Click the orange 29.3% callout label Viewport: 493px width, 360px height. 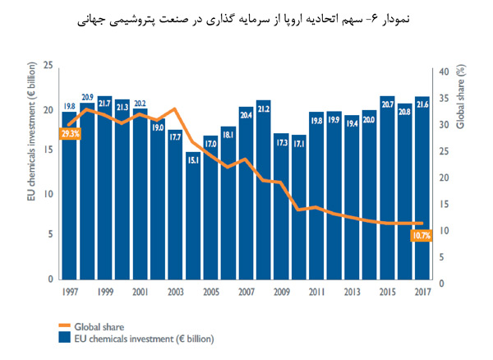tap(70, 133)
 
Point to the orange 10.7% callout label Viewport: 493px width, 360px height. tap(420, 236)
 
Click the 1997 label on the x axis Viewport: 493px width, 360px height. tap(70, 292)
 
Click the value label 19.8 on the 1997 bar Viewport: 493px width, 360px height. tap(69, 106)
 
